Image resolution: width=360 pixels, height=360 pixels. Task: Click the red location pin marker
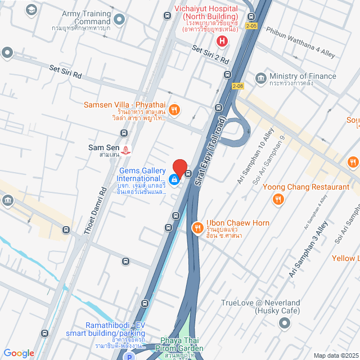coord(179,168)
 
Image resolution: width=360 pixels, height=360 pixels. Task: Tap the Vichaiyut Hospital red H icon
coord(222,40)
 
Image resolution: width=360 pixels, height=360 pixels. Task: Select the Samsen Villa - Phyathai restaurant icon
coord(174,110)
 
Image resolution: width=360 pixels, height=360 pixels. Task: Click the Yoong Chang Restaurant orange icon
coord(278,199)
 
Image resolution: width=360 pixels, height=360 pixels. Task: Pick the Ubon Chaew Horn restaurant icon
coord(197,228)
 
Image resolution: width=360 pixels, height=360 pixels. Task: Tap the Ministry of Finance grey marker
coord(260,77)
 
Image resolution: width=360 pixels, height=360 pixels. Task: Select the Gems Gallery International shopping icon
coord(174,179)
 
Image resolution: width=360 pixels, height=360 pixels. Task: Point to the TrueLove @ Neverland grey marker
coord(285,323)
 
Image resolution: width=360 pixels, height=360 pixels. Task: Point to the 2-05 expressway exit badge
coord(250,26)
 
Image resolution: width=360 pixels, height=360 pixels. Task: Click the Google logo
coord(19,353)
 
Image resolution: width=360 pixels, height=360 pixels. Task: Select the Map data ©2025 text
coord(335,355)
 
